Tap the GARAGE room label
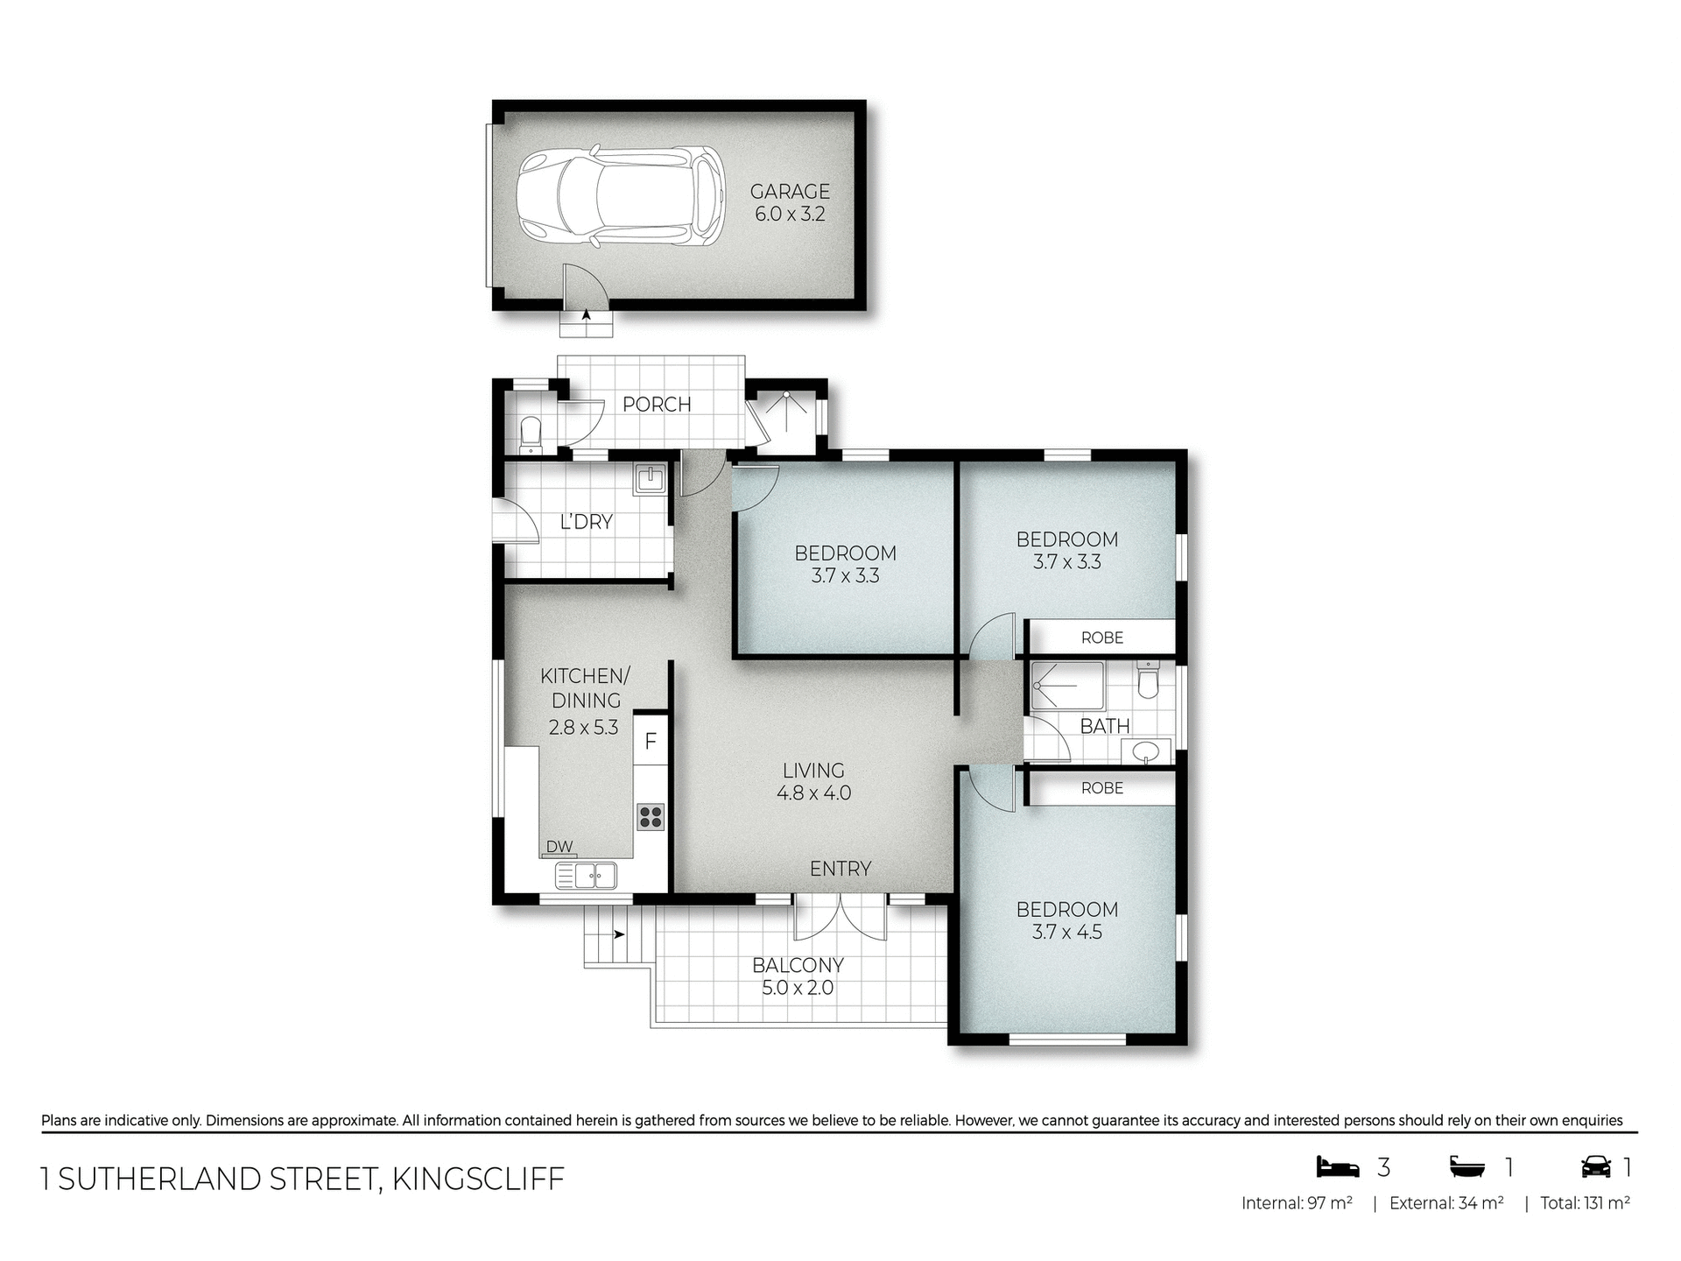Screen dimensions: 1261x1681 click(x=790, y=191)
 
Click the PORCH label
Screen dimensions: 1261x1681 click(x=657, y=405)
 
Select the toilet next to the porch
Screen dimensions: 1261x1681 click(x=531, y=433)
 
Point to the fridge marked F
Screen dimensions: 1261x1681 click(x=651, y=742)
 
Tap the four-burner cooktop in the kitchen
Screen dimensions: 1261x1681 click(x=651, y=816)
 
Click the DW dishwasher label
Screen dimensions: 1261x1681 click(x=559, y=847)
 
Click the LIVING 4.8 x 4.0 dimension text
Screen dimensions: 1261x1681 click(x=813, y=793)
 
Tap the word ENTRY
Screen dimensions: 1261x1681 click(x=840, y=869)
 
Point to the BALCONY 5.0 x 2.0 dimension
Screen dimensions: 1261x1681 click(x=798, y=989)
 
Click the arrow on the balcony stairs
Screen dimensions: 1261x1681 click(x=619, y=934)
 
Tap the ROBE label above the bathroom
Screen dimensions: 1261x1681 click(x=1101, y=638)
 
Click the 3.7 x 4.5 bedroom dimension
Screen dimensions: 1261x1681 click(x=1066, y=933)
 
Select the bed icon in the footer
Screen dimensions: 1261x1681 click(x=1338, y=1167)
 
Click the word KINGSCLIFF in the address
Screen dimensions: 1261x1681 click(x=478, y=1180)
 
